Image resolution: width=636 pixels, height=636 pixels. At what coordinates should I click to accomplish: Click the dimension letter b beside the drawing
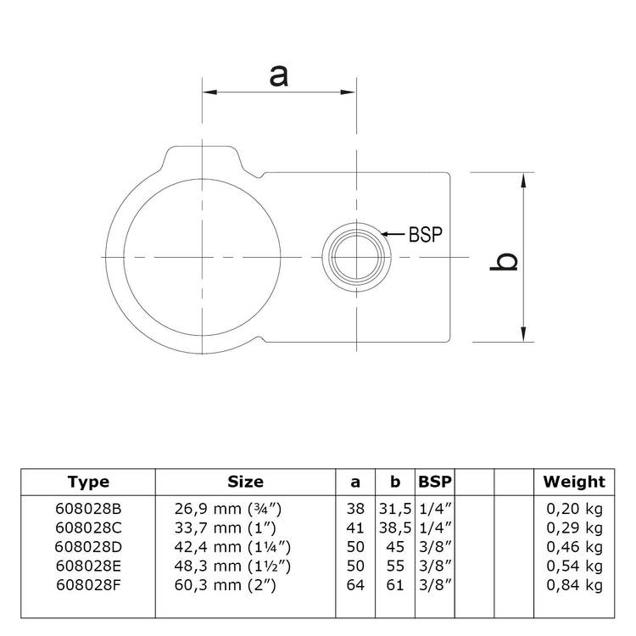pyautogui.click(x=505, y=262)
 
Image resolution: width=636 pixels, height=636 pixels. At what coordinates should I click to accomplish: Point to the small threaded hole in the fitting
pyautogui.click(x=356, y=255)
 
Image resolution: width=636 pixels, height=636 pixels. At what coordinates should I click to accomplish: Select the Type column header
pyautogui.click(x=88, y=482)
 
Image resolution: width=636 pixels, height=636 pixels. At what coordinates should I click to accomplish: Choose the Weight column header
pyautogui.click(x=574, y=482)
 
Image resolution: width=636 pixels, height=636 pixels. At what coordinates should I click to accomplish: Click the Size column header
pyautogui.click(x=245, y=482)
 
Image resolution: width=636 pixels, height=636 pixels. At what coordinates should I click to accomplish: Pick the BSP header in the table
pyautogui.click(x=435, y=482)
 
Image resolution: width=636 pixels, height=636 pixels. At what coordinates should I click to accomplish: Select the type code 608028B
pyautogui.click(x=88, y=509)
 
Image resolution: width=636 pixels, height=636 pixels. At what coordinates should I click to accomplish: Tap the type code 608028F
pyautogui.click(x=88, y=585)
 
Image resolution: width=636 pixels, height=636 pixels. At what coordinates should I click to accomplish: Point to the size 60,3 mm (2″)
pyautogui.click(x=229, y=585)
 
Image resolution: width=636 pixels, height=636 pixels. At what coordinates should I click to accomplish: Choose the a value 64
pyautogui.click(x=355, y=585)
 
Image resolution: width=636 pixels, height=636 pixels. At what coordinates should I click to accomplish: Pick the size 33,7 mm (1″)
pyautogui.click(x=229, y=527)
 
